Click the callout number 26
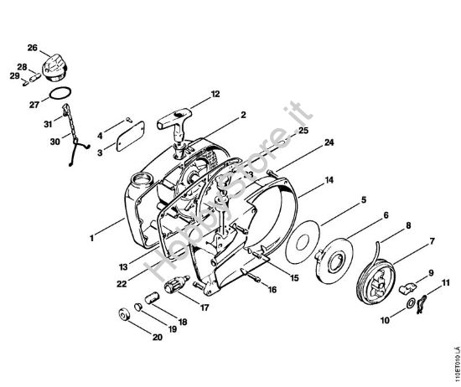33,47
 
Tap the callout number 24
307,143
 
